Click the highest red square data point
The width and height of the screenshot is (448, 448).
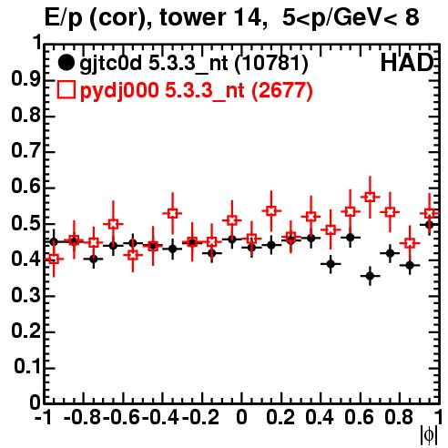[x=370, y=197]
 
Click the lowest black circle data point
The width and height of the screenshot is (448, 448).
[x=370, y=276]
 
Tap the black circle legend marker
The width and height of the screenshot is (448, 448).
[x=66, y=63]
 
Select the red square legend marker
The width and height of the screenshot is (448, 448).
[x=66, y=90]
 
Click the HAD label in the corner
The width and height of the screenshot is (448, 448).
[x=407, y=63]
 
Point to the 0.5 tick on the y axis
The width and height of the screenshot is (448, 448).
[x=49, y=224]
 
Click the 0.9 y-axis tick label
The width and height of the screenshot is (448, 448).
[x=25, y=79]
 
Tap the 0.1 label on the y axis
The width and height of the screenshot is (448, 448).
[x=27, y=367]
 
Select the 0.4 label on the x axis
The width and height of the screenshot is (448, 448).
[x=320, y=417]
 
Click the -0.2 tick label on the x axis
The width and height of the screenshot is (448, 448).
[x=200, y=417]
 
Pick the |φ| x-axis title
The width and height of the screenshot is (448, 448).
[x=429, y=435]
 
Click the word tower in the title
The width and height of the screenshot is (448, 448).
[x=193, y=17]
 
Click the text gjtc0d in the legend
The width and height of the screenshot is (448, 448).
[x=110, y=64]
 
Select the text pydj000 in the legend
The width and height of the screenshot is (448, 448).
[x=119, y=91]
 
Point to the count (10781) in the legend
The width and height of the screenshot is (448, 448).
[x=271, y=63]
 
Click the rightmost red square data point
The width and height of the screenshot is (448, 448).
[x=429, y=213]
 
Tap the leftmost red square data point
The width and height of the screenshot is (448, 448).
[x=54, y=259]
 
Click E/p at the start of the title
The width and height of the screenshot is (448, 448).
[x=64, y=18]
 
